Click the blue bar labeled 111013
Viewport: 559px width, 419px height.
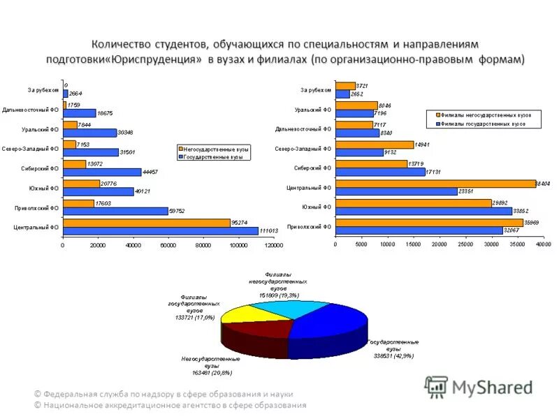click(x=160, y=230)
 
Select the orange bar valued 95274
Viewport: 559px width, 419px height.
click(x=146, y=223)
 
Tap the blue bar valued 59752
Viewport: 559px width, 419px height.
click(x=115, y=211)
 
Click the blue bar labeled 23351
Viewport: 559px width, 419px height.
click(x=396, y=191)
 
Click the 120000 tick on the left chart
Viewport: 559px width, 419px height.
click(x=273, y=245)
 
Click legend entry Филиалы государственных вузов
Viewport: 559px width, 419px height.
click(x=484, y=123)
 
